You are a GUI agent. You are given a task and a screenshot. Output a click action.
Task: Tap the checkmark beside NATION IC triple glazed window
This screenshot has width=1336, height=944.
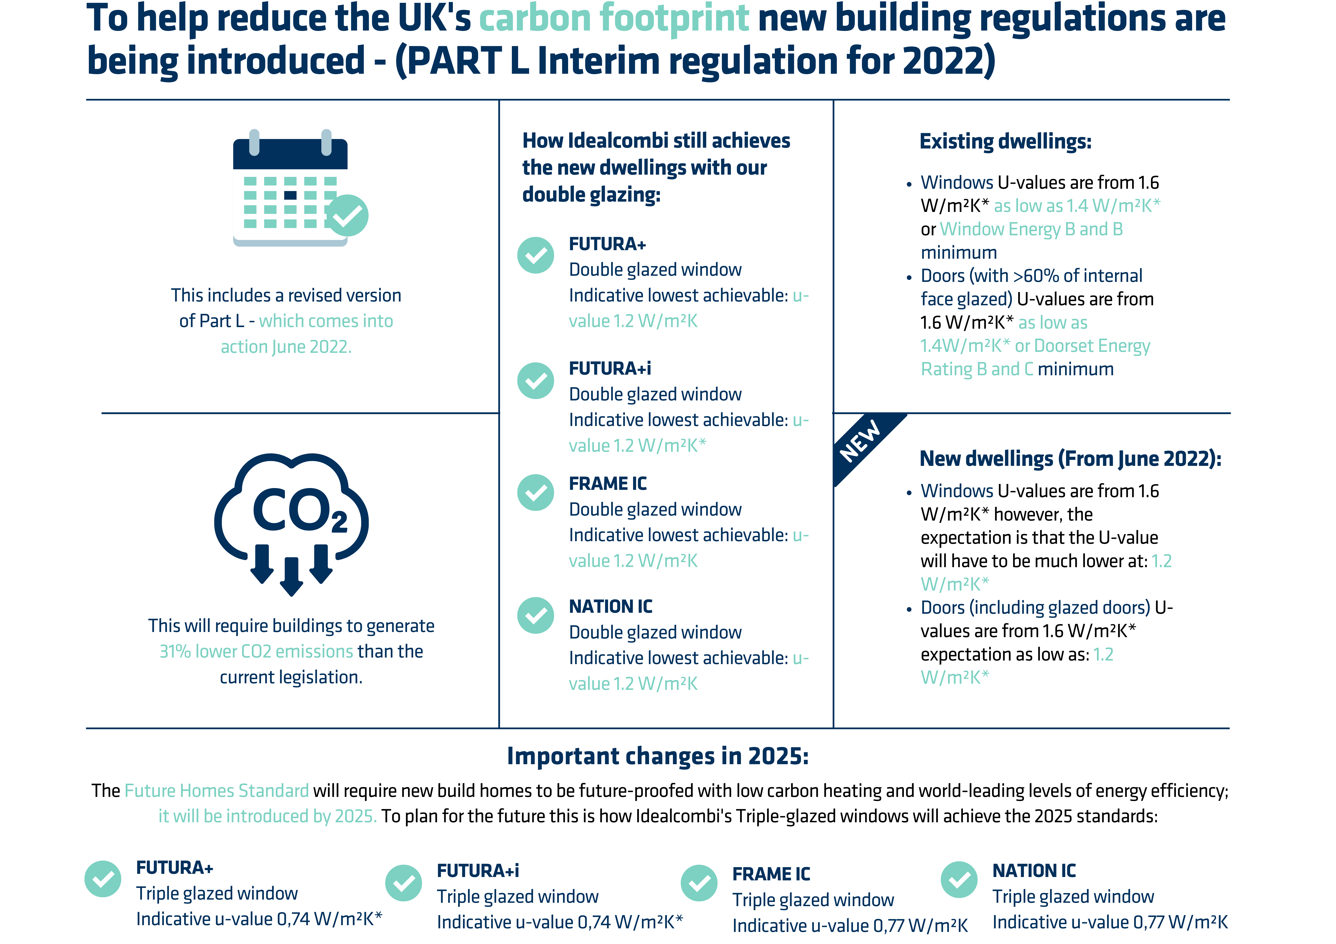[959, 879]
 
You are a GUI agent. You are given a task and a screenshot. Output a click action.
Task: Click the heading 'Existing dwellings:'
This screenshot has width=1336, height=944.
[1006, 141]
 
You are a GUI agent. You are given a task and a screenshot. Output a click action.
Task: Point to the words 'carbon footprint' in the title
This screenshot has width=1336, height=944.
[614, 19]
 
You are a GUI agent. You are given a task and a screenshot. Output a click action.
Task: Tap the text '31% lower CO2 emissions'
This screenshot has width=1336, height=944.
[257, 651]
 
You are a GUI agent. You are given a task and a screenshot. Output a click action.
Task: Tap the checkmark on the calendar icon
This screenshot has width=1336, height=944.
[347, 215]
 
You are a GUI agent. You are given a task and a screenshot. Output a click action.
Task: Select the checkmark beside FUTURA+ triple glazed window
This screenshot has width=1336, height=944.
[103, 879]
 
